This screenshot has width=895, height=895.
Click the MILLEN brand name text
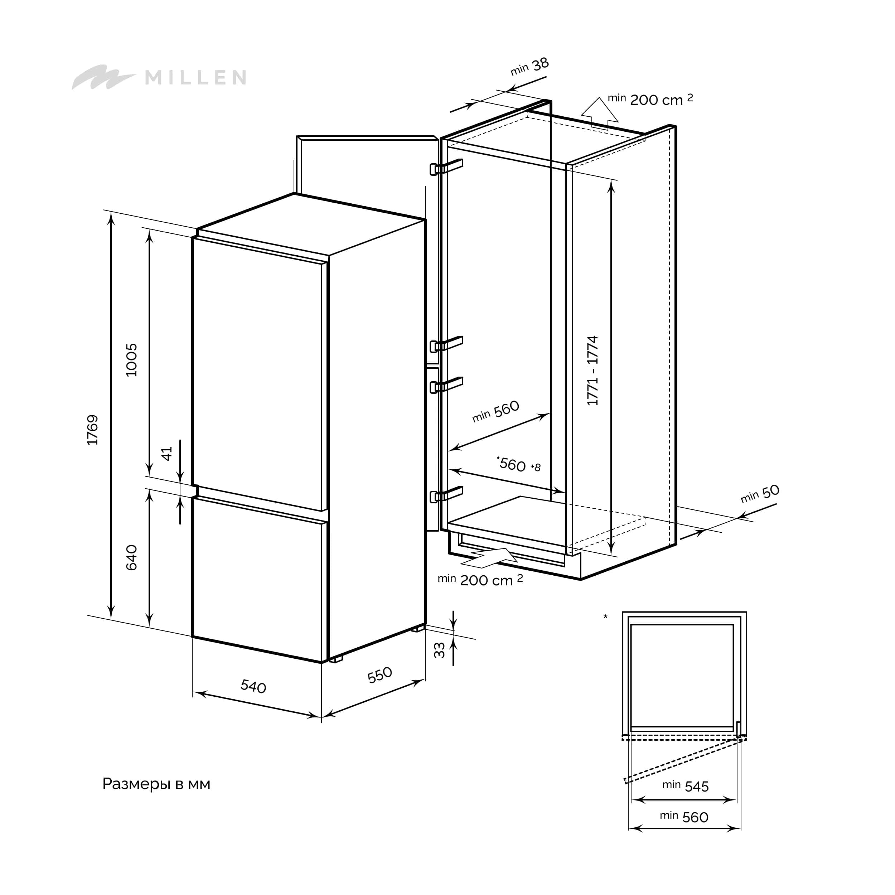click(x=195, y=77)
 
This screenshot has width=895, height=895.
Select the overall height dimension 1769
click(x=93, y=430)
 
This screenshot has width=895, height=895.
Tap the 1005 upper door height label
click(x=131, y=360)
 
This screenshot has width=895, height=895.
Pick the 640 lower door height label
click(x=131, y=557)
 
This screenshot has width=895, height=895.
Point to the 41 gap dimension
click(x=167, y=454)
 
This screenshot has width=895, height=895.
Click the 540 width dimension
click(x=253, y=686)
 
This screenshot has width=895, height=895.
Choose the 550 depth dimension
click(x=379, y=675)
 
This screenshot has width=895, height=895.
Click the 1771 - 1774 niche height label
click(x=592, y=371)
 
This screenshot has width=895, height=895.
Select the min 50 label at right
click(x=760, y=494)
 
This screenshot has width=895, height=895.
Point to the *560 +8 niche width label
click(x=518, y=464)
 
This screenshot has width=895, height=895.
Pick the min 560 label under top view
click(x=684, y=817)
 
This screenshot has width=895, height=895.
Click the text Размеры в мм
click(x=156, y=784)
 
